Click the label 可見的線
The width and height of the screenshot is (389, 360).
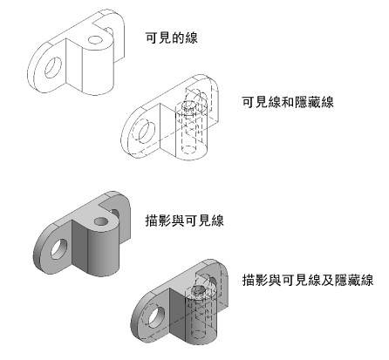[172, 37]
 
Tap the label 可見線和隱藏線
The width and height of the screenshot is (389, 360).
[288, 102]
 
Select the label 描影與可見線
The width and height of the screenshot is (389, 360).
[185, 221]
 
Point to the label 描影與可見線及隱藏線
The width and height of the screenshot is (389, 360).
[308, 281]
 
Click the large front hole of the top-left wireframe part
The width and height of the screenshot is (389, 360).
[53, 67]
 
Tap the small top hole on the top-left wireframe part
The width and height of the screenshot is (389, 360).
[95, 40]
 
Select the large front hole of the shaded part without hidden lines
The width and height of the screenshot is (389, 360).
[59, 249]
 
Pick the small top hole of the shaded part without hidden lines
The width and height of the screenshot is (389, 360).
[101, 221]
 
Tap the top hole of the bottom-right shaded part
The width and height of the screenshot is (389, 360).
[199, 290]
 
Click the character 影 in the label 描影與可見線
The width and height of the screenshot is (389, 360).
[165, 221]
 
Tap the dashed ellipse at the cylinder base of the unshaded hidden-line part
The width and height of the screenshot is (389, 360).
[189, 149]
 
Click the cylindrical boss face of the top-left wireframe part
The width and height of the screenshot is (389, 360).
[98, 70]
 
